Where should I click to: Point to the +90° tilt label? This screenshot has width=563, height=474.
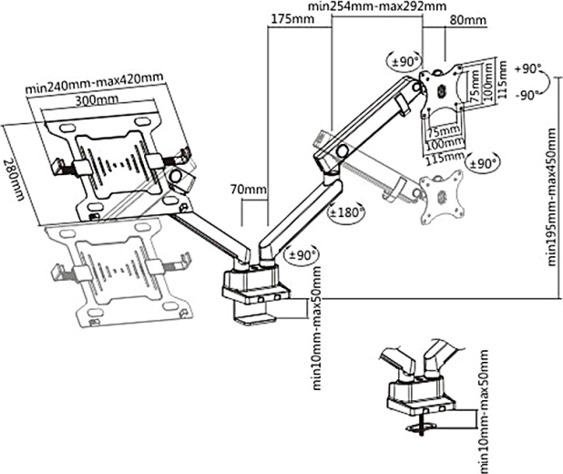527,69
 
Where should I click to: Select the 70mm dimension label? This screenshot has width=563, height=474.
254,191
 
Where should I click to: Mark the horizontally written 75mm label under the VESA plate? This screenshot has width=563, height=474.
445,131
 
